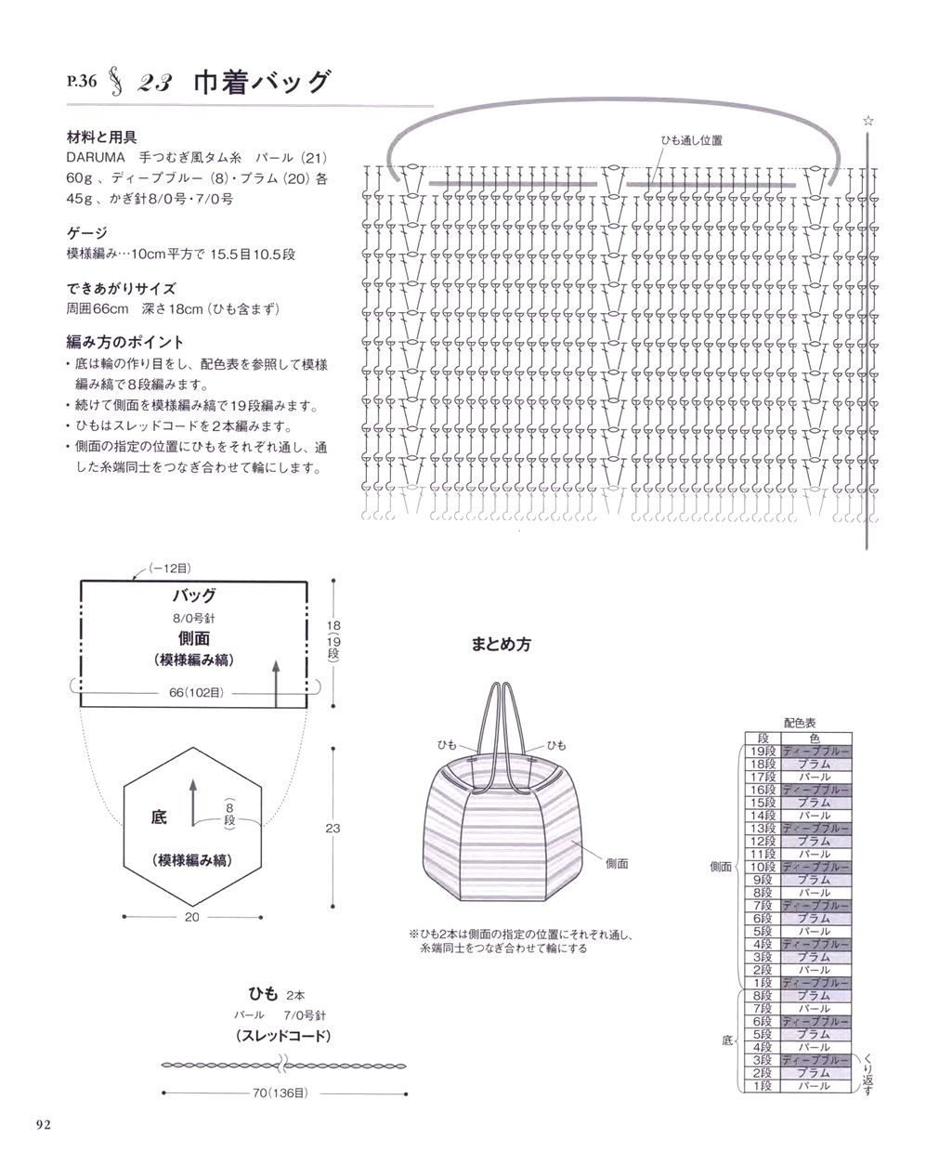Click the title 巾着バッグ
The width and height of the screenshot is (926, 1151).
pos(261,83)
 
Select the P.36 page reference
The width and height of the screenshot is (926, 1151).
pos(81,82)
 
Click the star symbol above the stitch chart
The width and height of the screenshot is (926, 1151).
pos(868,121)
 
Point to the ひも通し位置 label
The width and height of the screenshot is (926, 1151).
pos(690,140)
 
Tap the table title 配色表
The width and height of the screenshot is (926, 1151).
pos(798,720)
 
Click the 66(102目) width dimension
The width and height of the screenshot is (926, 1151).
pos(195,693)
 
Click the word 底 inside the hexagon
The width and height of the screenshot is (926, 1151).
pos(158,818)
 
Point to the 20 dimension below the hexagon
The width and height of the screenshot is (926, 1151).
pos(192,917)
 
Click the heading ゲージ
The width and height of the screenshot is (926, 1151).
pos(87,232)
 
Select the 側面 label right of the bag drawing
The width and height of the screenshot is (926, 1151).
pos(618,863)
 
